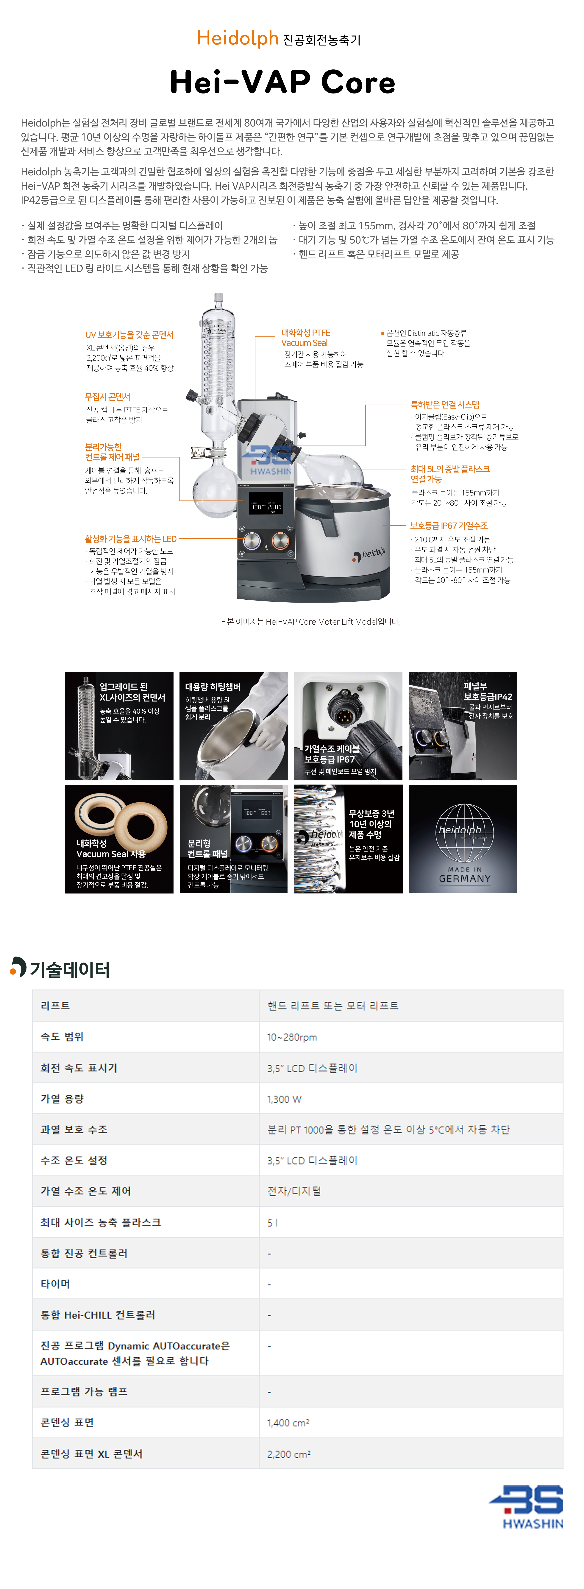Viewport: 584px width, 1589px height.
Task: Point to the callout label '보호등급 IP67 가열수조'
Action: click(x=449, y=525)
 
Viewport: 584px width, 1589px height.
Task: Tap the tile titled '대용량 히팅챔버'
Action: click(x=233, y=726)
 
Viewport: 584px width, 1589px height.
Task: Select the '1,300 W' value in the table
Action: click(x=284, y=1099)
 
